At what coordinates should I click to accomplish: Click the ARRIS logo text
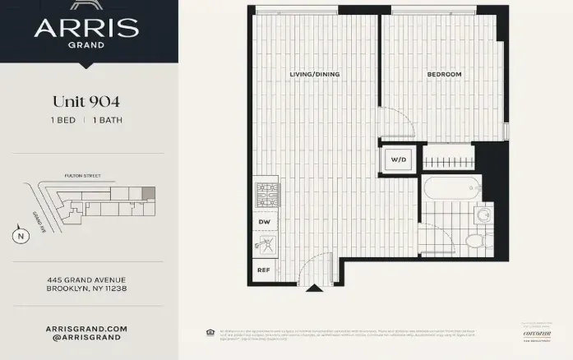(86, 27)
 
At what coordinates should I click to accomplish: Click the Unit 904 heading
(86, 102)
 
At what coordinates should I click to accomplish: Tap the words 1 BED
(63, 121)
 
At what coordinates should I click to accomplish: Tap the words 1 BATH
(109, 121)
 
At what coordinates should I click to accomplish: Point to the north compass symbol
(18, 236)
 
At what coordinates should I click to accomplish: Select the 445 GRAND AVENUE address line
(86, 279)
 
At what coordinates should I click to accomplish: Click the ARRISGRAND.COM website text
(86, 327)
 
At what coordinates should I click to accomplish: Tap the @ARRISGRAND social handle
(86, 337)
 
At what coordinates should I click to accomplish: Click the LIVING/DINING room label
(314, 75)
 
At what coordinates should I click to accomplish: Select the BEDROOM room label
(444, 75)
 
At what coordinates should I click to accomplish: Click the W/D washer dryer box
(398, 159)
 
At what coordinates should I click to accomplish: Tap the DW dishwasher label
(265, 222)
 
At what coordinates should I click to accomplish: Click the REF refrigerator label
(264, 270)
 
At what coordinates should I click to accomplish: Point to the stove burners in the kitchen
(266, 195)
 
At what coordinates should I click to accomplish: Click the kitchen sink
(266, 244)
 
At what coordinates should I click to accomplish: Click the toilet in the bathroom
(474, 240)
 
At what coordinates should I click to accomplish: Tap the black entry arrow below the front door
(314, 288)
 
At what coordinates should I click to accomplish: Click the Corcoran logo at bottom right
(535, 333)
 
